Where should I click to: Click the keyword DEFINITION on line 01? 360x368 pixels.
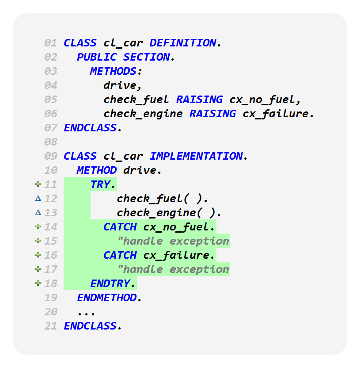tap(183, 43)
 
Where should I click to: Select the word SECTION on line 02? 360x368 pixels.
tap(146, 57)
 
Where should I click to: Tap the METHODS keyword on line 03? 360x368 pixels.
tap(113, 71)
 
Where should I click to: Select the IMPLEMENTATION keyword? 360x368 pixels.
tap(196, 156)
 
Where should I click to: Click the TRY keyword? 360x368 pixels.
tap(100, 184)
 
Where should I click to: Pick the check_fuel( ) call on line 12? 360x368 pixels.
tap(162, 199)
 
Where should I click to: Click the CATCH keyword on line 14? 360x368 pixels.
tap(120, 227)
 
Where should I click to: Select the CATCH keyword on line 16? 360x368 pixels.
tap(120, 255)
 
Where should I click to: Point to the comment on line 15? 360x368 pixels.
tap(173, 241)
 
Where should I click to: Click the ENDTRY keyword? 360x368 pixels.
tap(110, 284)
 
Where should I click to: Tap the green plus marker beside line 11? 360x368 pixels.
tap(38, 184)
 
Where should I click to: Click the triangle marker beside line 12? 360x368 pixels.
tap(38, 199)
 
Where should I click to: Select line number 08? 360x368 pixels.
tap(51, 142)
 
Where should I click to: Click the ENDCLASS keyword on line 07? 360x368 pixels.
tap(90, 128)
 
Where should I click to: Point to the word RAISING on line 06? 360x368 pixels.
tap(212, 114)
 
